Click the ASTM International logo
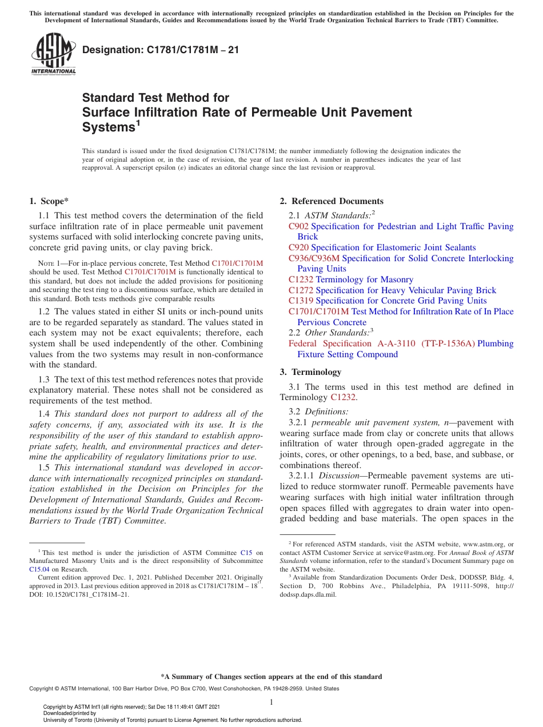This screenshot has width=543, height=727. click(x=53, y=54)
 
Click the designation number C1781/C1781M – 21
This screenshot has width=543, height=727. click(x=161, y=50)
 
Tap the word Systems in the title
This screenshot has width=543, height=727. click(x=109, y=127)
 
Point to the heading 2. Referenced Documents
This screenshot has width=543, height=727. click(x=332, y=201)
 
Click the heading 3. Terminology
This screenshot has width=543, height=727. click(x=310, y=372)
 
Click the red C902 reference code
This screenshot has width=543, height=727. click(x=298, y=226)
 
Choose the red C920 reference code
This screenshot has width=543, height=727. click(x=298, y=247)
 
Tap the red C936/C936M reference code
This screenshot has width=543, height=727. click(x=314, y=258)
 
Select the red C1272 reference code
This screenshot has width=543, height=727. click(x=301, y=290)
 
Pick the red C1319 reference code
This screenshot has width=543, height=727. click(x=301, y=301)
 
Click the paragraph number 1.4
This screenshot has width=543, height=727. click(x=45, y=414)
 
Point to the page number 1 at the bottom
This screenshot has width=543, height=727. click(x=271, y=702)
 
